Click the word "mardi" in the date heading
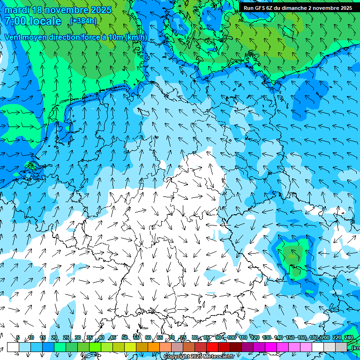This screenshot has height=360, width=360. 18,10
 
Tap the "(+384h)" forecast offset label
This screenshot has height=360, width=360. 83,21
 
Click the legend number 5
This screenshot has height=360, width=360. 18,338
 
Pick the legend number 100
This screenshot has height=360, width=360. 232,338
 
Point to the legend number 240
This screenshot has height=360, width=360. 348,338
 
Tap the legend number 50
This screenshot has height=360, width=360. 125,338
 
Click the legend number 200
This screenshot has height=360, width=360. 325,338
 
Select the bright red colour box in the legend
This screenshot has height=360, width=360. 212,347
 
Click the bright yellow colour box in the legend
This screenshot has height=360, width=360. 130,347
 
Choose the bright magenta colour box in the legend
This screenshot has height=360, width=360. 271,347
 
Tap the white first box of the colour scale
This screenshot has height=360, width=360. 13,347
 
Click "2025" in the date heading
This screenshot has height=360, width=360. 100,10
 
